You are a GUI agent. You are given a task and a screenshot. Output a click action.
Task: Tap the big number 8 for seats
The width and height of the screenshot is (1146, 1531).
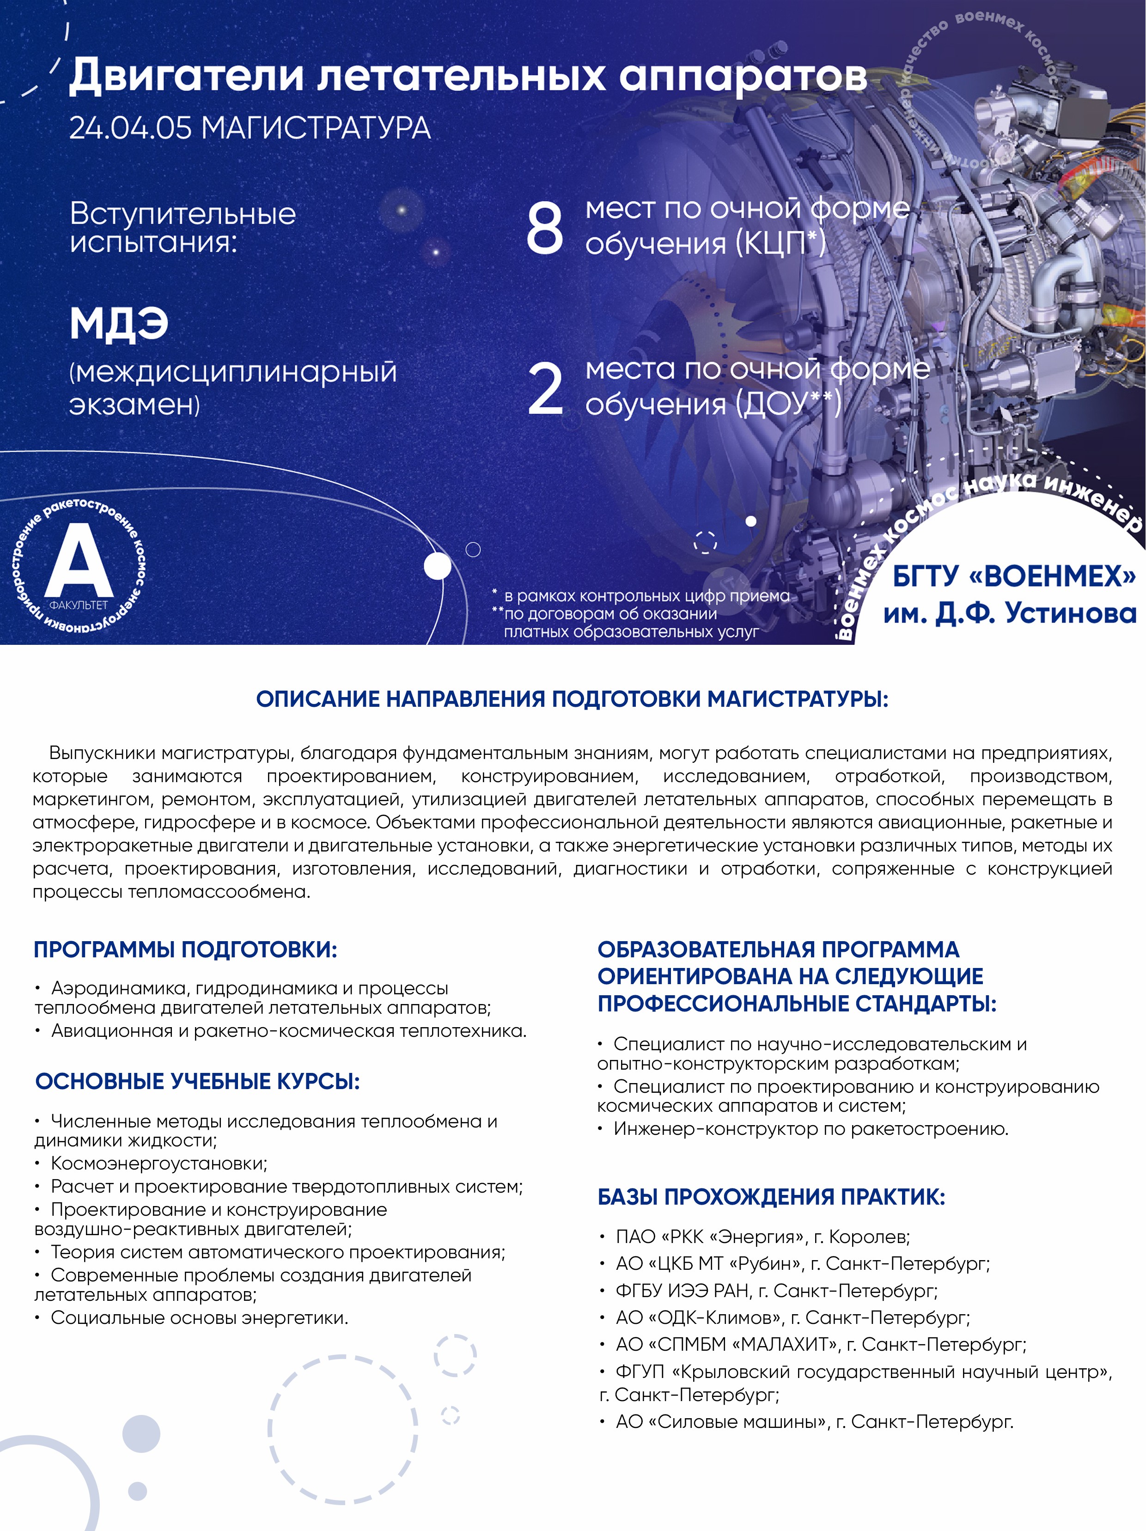[545, 228]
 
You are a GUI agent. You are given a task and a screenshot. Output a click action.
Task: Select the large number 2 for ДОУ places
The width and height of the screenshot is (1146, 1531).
[545, 390]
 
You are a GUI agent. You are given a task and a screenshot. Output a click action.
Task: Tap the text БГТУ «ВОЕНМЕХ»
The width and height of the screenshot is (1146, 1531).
[1014, 576]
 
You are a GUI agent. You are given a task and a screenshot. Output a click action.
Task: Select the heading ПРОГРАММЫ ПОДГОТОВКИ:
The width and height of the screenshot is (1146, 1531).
[185, 949]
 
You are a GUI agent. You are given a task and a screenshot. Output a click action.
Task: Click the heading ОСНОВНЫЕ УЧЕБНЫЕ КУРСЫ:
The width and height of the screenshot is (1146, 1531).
[198, 1081]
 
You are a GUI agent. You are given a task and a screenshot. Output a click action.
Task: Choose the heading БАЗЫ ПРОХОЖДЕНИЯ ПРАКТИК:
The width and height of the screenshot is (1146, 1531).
[771, 1197]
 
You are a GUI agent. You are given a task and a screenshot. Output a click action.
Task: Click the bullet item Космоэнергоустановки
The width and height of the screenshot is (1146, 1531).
[158, 1164]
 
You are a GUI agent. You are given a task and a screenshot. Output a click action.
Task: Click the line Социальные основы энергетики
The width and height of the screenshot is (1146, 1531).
[199, 1318]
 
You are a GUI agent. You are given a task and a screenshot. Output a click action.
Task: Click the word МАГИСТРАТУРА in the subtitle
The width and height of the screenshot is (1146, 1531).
[316, 128]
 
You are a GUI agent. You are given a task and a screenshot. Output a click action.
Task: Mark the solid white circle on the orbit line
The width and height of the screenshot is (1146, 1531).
[437, 566]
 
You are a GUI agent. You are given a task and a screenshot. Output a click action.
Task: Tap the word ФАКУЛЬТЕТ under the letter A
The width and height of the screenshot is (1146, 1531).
[78, 605]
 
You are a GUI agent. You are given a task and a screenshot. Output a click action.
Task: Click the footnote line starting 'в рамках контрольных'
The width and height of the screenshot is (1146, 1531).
[646, 596]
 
